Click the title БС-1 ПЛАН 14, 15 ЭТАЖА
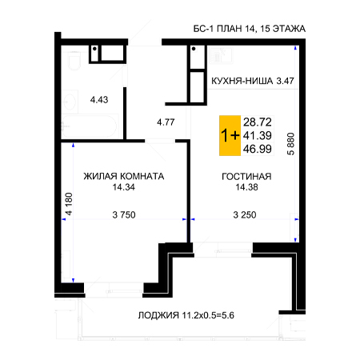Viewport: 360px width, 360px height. point(249,29)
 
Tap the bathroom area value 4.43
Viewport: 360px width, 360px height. point(99,100)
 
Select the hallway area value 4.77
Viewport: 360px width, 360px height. point(166,122)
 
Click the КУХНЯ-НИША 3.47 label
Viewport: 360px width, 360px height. point(252,81)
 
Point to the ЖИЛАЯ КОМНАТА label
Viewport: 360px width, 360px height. point(124,176)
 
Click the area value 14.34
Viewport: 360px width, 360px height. point(124,187)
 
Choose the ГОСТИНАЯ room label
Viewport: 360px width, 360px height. point(246,176)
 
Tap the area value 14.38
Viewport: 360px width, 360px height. point(246,187)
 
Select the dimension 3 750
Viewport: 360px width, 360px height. point(124,214)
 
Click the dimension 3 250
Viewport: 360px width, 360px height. point(245,214)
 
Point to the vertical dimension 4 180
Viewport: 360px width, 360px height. point(69,204)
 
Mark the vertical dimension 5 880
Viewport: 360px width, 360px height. point(290,144)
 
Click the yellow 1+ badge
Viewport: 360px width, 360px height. point(230,135)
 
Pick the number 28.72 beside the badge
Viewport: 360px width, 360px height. point(258,122)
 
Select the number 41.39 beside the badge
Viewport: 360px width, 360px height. point(258,135)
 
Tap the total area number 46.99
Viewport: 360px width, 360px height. point(258,149)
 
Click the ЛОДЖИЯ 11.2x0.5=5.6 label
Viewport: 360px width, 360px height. point(186,315)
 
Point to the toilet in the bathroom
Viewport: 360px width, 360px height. point(74,61)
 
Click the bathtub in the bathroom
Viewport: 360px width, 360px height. point(89,126)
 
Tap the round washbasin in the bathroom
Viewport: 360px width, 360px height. point(70,102)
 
